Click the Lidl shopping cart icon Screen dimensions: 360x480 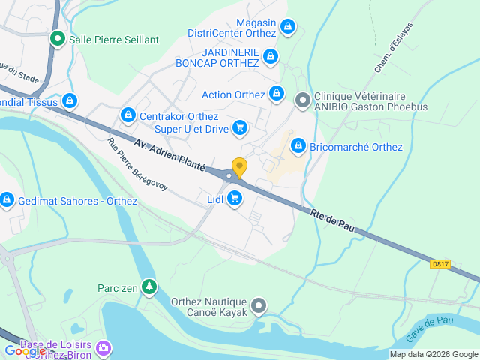pyautogui.click(x=235, y=199)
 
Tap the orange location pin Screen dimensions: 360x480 pyautogui.click(x=239, y=166)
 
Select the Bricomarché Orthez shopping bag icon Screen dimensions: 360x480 pyautogui.click(x=298, y=145)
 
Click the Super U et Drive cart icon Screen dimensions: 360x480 pyautogui.click(x=239, y=127)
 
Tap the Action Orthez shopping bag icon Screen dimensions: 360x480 pyautogui.click(x=277, y=94)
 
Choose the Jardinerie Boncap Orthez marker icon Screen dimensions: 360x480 pyautogui.click(x=271, y=55)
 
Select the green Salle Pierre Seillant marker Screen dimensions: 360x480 pyautogui.click(x=57, y=38)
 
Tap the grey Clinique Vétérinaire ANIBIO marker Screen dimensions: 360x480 pyautogui.click(x=303, y=100)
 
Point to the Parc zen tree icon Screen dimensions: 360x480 pyautogui.click(x=150, y=286)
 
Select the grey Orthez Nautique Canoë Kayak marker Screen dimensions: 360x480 pyautogui.click(x=259, y=306)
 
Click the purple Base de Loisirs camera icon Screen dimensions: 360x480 pyautogui.click(x=104, y=347)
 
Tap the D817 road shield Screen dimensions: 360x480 pyautogui.click(x=440, y=264)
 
